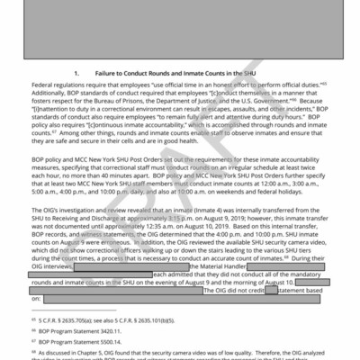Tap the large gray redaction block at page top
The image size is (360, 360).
[180, 27]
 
